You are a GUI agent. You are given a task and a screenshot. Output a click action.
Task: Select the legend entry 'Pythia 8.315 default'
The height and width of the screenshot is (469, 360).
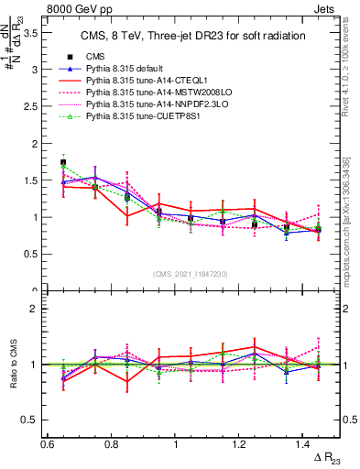[132, 69]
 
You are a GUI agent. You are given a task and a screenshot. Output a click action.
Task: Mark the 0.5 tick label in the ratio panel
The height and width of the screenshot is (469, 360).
[31, 420]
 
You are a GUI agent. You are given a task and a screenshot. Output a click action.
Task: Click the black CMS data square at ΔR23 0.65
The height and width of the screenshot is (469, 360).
[63, 162]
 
